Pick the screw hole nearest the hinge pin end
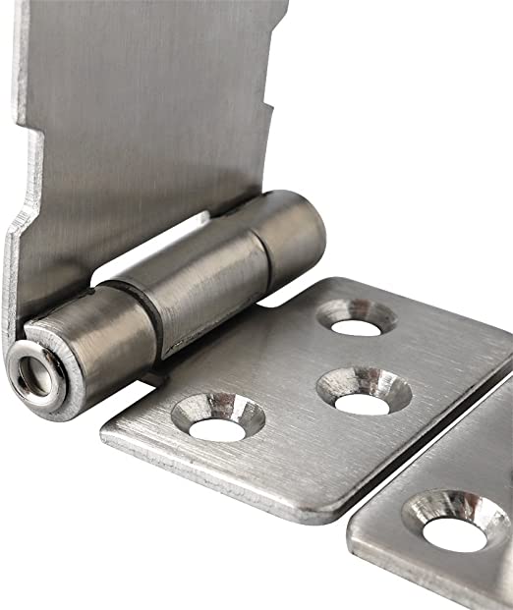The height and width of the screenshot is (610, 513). click(x=218, y=417)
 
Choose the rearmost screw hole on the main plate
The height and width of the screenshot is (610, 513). click(x=356, y=316)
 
